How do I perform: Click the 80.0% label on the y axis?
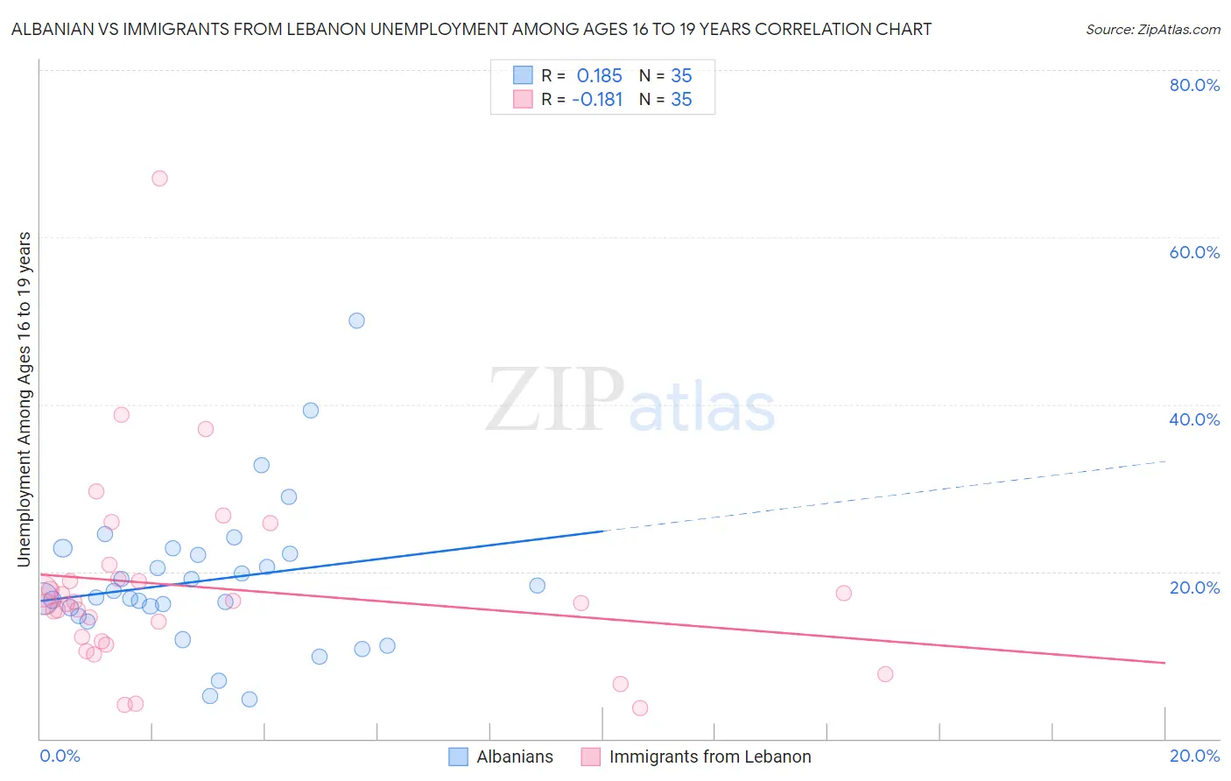1194,85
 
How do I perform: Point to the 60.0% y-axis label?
1194,252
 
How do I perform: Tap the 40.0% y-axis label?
1194,419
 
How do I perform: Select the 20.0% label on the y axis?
1194,588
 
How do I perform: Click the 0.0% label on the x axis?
60,756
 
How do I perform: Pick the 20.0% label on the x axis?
1194,756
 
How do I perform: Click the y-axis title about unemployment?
24,399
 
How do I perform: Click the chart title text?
471,29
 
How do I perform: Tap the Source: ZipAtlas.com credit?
1152,29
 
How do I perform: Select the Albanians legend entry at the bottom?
514,756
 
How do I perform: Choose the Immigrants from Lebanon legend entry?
709,756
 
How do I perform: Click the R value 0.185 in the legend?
599,75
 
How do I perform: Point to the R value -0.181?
597,100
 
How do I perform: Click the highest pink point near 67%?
159,178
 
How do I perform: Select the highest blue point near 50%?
356,320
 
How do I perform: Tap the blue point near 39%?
311,410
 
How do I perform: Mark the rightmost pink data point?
885,674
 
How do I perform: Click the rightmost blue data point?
538,586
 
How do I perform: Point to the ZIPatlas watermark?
630,400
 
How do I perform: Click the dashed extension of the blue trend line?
884,496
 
